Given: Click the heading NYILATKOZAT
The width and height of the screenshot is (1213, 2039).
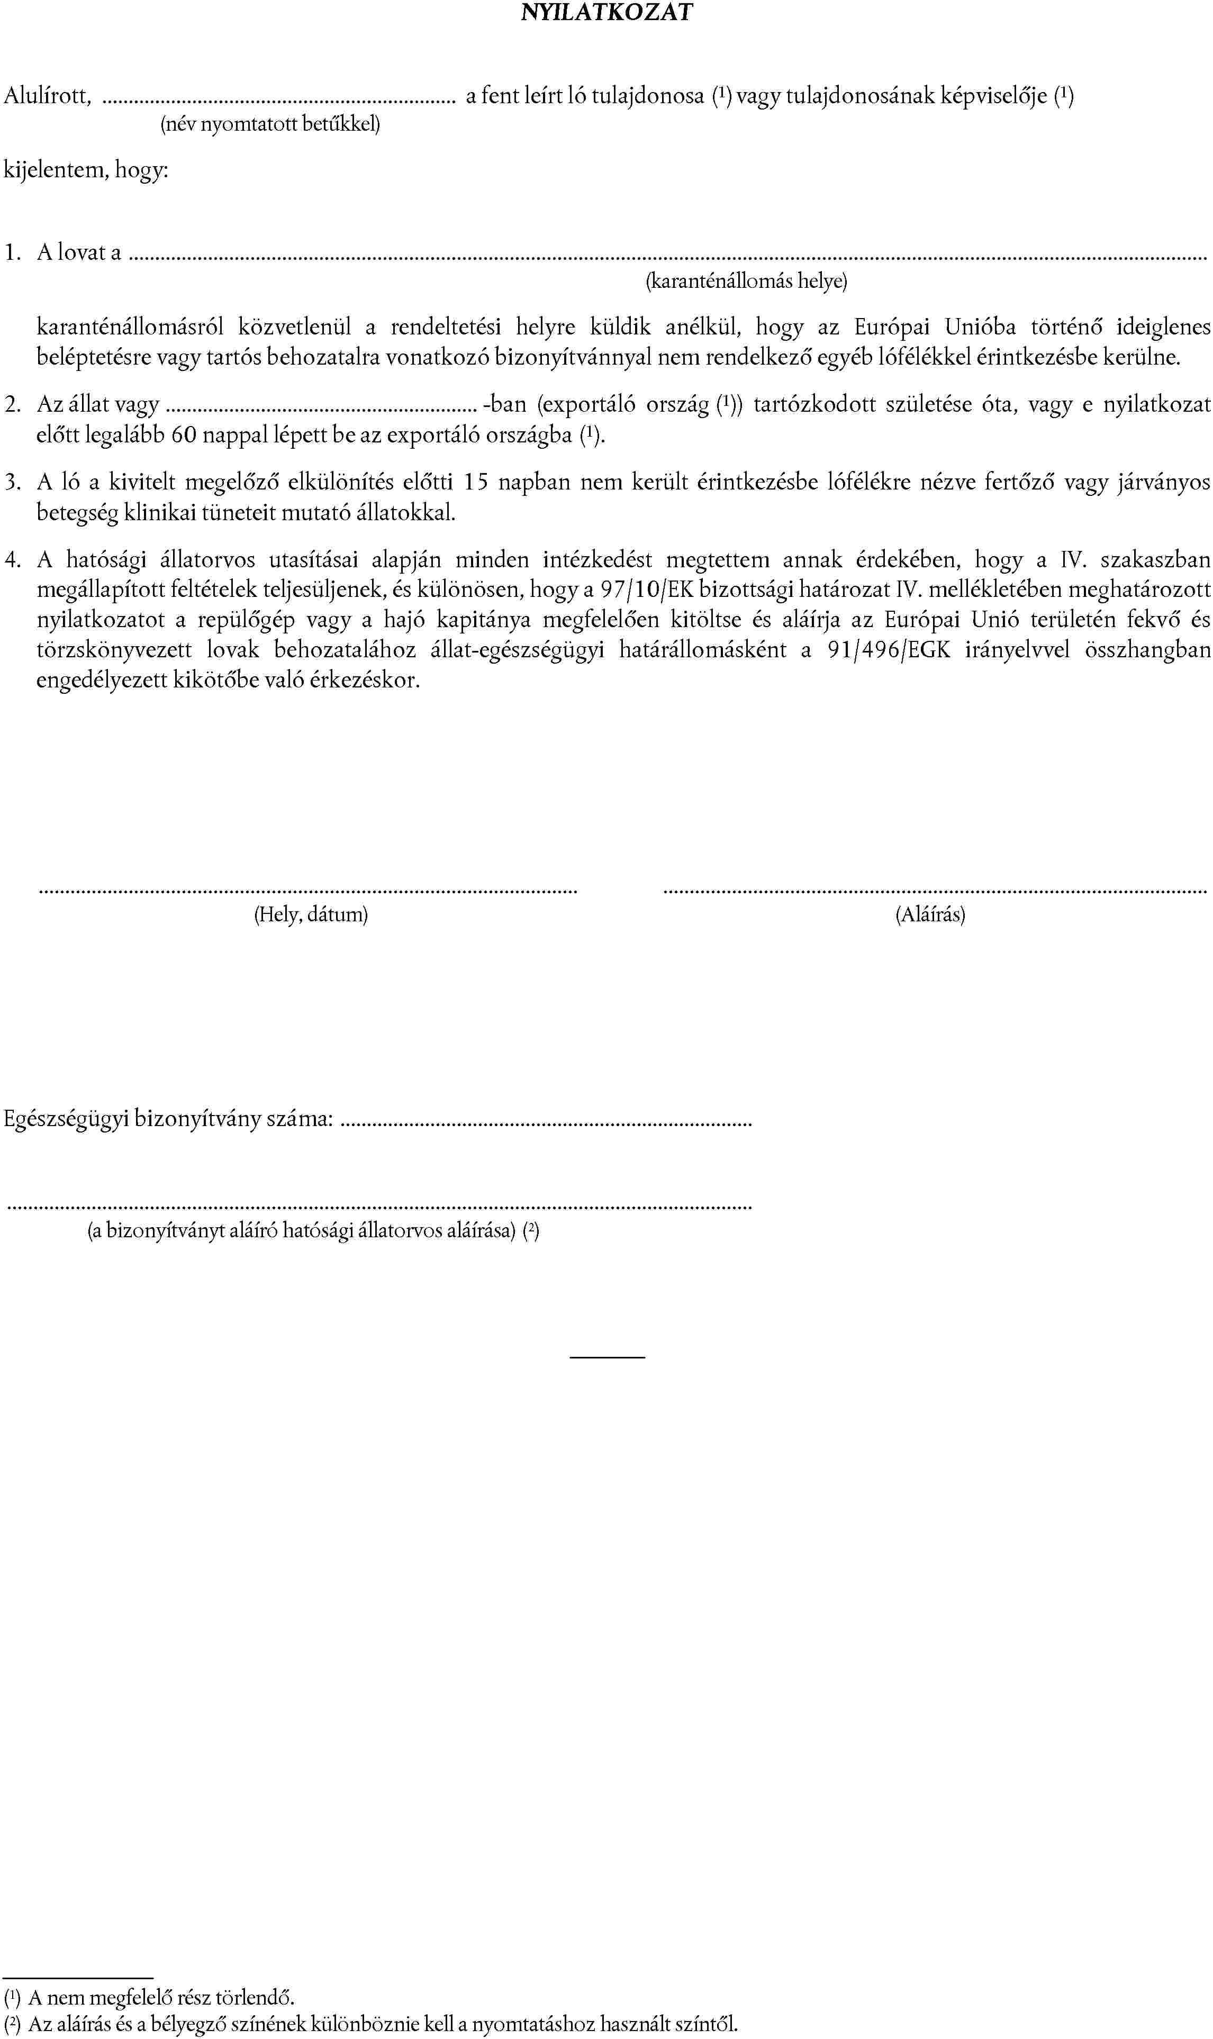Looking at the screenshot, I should pos(606,12).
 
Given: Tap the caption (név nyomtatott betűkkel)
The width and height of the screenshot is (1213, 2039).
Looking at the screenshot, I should pos(270,124).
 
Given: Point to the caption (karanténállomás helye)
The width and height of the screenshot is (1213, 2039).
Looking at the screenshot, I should pos(746,281).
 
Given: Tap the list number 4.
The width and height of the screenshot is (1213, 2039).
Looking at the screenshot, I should pos(12,560).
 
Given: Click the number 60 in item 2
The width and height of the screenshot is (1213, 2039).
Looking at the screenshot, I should pos(184,435).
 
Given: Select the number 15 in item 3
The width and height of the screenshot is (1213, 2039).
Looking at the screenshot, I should pos(476,482).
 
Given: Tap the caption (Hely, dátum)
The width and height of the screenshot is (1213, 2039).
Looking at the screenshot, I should pos(311,914).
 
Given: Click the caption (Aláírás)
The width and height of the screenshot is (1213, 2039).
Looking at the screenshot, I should pos(930,914).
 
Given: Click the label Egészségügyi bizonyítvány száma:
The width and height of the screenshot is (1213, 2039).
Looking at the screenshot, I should pos(168,1119).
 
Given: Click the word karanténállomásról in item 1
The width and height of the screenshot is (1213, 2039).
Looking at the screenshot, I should pos(130,328).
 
